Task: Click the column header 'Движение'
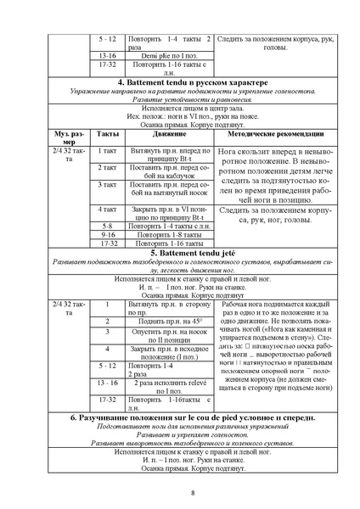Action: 166,135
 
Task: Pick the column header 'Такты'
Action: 108,135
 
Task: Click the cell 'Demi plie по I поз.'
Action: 166,53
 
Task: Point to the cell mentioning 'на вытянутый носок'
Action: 166,189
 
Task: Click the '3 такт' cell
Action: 108,184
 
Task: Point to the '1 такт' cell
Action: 108,149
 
